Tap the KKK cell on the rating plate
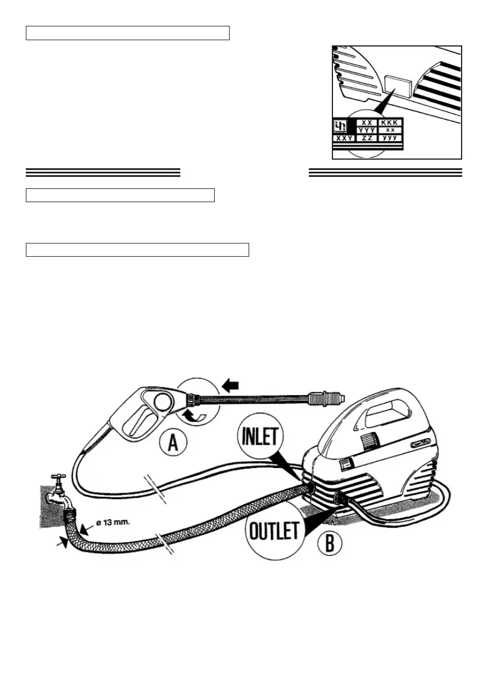coord(390,123)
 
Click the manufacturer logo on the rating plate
coord(341,126)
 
